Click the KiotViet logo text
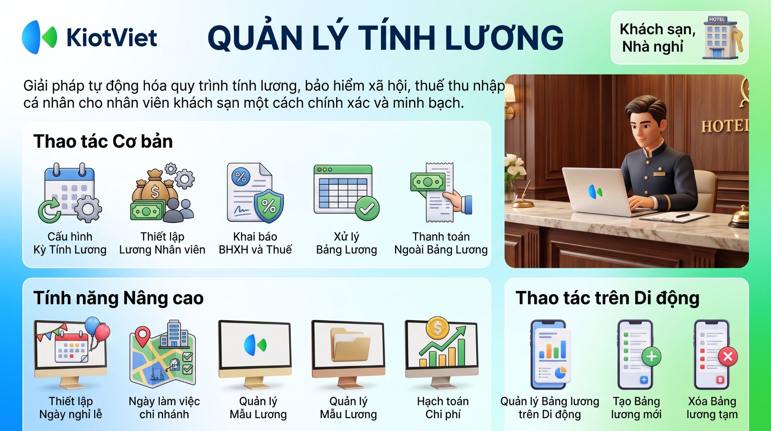112,37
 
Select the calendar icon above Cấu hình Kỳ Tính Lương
70,193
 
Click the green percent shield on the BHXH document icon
268,206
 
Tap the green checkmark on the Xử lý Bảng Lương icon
367,208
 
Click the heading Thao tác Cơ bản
103,142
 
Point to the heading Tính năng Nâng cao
118,298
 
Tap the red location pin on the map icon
142,336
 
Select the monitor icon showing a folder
348,354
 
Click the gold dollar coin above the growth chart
437,328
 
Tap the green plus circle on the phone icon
651,356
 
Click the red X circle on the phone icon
728,356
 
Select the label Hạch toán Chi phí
443,408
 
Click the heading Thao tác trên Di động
607,298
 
